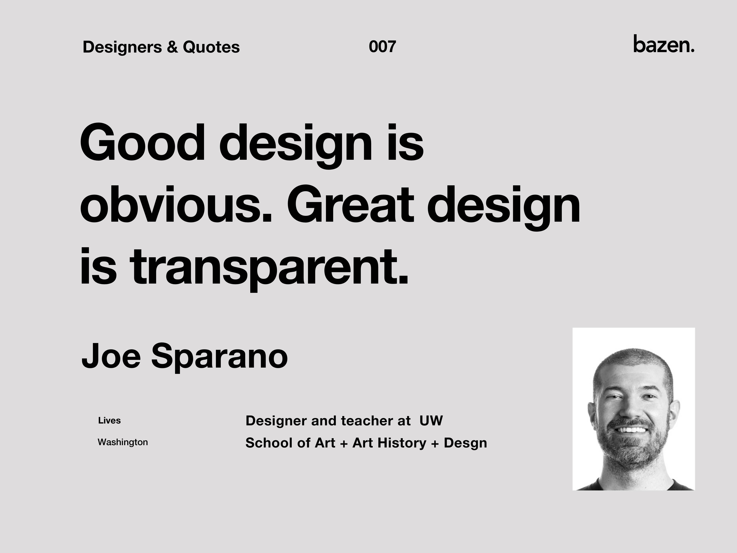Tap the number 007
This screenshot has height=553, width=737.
coord(382,47)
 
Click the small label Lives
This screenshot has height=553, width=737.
coord(109,421)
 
